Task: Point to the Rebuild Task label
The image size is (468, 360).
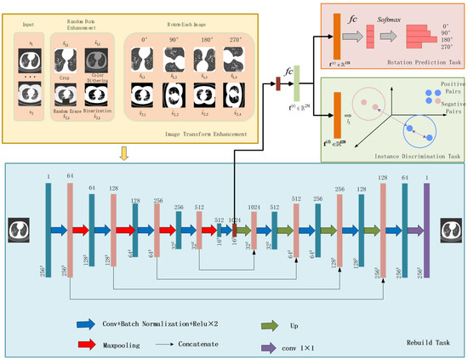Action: click(x=424, y=342)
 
